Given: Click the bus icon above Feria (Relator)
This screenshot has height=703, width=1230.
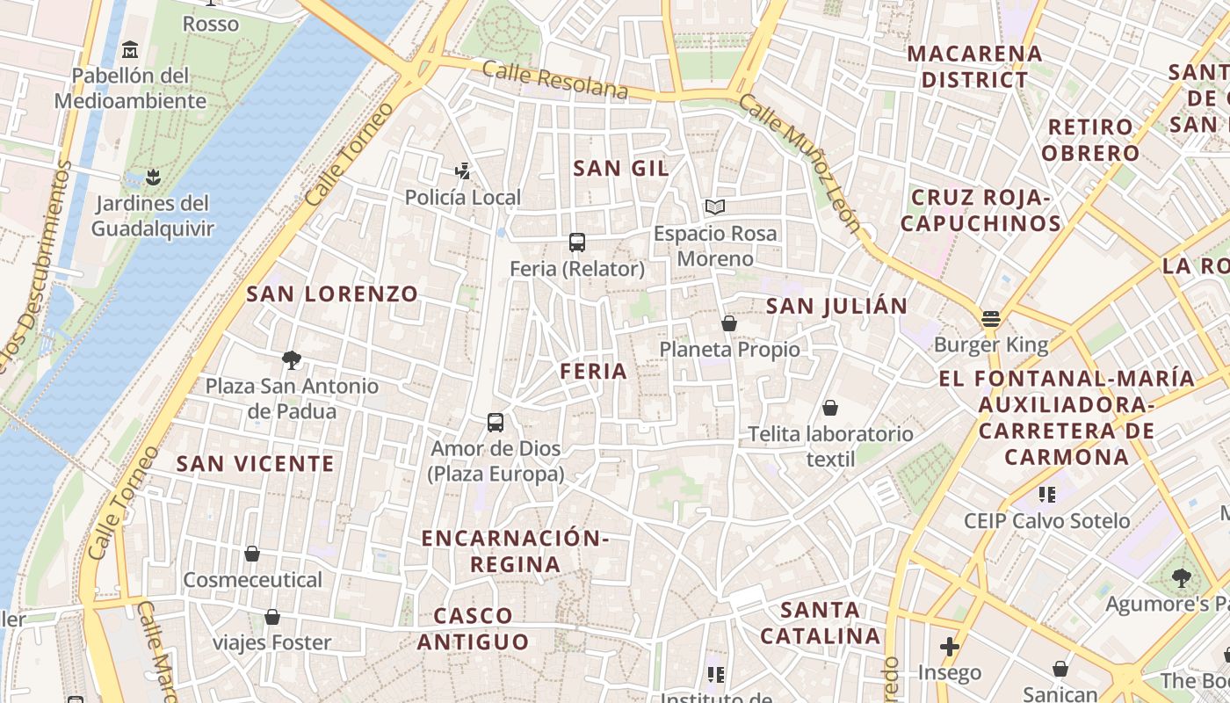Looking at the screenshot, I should point(577,242).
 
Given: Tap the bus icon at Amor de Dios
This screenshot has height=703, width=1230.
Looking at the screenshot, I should point(496,423).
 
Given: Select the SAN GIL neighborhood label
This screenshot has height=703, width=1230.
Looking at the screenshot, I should point(620,169).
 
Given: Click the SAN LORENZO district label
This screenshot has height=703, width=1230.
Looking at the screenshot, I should point(332,294).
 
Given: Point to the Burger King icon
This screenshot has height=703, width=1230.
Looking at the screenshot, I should point(991,319).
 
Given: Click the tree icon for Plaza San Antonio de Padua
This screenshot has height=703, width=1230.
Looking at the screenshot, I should point(291,359).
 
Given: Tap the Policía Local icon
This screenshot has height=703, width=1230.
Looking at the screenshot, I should point(463,171).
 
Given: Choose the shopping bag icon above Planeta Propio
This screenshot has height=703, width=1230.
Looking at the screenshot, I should point(729,323).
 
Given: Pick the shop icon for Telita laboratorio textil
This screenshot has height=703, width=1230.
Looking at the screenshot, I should point(829,408).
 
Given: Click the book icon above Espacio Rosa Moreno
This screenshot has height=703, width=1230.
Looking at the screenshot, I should point(715,207).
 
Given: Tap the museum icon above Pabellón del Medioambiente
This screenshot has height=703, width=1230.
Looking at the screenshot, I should point(131,49).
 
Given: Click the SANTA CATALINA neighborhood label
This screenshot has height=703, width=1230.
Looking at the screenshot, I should point(820,622).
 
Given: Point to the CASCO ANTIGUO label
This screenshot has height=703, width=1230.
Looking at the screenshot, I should point(473,628).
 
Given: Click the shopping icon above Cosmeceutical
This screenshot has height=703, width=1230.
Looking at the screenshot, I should point(252,554).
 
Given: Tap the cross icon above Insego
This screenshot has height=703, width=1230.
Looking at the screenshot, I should point(949,648).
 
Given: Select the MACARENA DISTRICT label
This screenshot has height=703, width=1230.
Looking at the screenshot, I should point(974,67).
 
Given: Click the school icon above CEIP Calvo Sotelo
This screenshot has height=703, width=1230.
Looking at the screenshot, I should point(1046,495).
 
